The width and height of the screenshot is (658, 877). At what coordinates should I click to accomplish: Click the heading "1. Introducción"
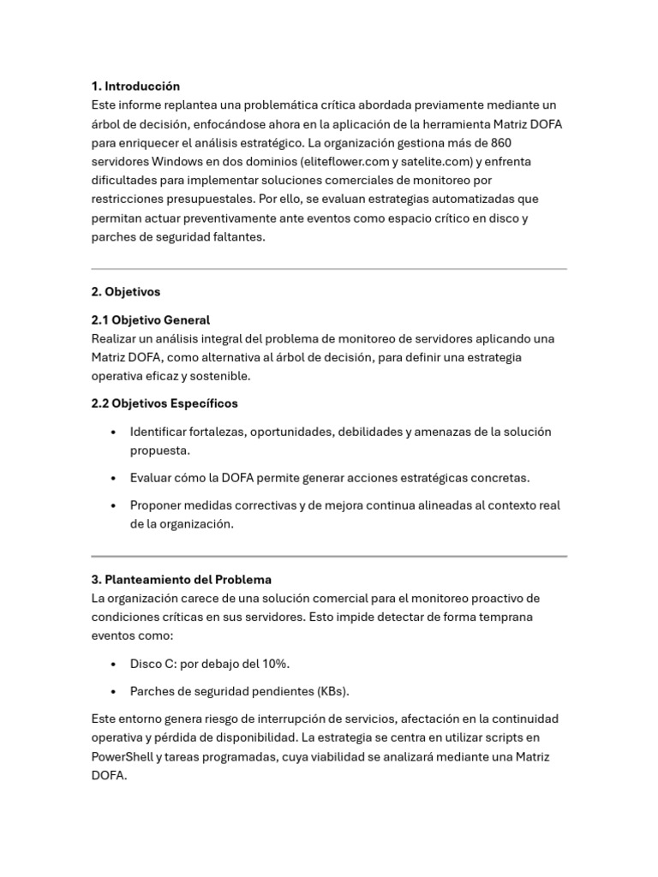(x=135, y=87)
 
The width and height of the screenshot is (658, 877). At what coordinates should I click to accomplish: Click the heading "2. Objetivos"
(x=126, y=292)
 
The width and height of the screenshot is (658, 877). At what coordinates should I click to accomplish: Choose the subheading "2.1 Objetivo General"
(x=150, y=320)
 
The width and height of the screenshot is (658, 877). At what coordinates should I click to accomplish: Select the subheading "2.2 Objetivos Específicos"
(x=164, y=403)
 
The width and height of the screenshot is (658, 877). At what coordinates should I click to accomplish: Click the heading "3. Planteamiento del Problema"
(x=181, y=580)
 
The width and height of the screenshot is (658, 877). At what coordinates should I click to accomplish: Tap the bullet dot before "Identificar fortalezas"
(x=114, y=433)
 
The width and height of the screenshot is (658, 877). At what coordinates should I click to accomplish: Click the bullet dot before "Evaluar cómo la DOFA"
(x=114, y=479)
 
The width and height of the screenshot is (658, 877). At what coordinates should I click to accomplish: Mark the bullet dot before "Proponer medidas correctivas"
(x=114, y=506)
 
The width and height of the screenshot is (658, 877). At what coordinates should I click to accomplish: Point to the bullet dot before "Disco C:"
(x=114, y=664)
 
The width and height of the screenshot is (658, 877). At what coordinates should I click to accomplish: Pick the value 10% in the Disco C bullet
(x=273, y=664)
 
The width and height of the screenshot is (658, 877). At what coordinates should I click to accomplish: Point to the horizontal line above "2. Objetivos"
(x=329, y=269)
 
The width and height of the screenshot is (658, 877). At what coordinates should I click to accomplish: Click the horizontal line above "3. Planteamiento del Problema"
(x=329, y=557)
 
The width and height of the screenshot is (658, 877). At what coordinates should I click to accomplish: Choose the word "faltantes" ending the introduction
(x=237, y=237)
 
